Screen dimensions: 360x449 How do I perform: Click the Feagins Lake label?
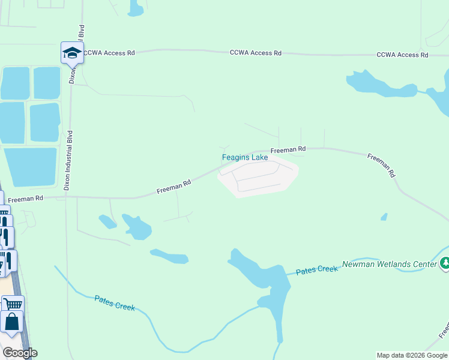[245, 158]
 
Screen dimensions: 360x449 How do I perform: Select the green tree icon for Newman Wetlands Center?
[445, 262]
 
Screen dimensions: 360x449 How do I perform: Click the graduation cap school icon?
[71, 53]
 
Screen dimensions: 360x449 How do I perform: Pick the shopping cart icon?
[13, 304]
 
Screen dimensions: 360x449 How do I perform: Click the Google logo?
[20, 353]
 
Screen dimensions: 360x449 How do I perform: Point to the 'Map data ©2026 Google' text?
[411, 355]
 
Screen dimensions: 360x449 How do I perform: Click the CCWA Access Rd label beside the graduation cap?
[109, 53]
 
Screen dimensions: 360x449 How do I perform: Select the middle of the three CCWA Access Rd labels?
[256, 53]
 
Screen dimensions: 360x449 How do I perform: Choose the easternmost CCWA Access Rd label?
[402, 55]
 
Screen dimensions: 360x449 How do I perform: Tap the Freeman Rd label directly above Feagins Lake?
[288, 149]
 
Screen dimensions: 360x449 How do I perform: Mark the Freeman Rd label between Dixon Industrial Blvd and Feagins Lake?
[173, 187]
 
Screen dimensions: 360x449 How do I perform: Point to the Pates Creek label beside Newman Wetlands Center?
[317, 269]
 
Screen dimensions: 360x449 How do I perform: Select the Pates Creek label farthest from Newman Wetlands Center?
[115, 302]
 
